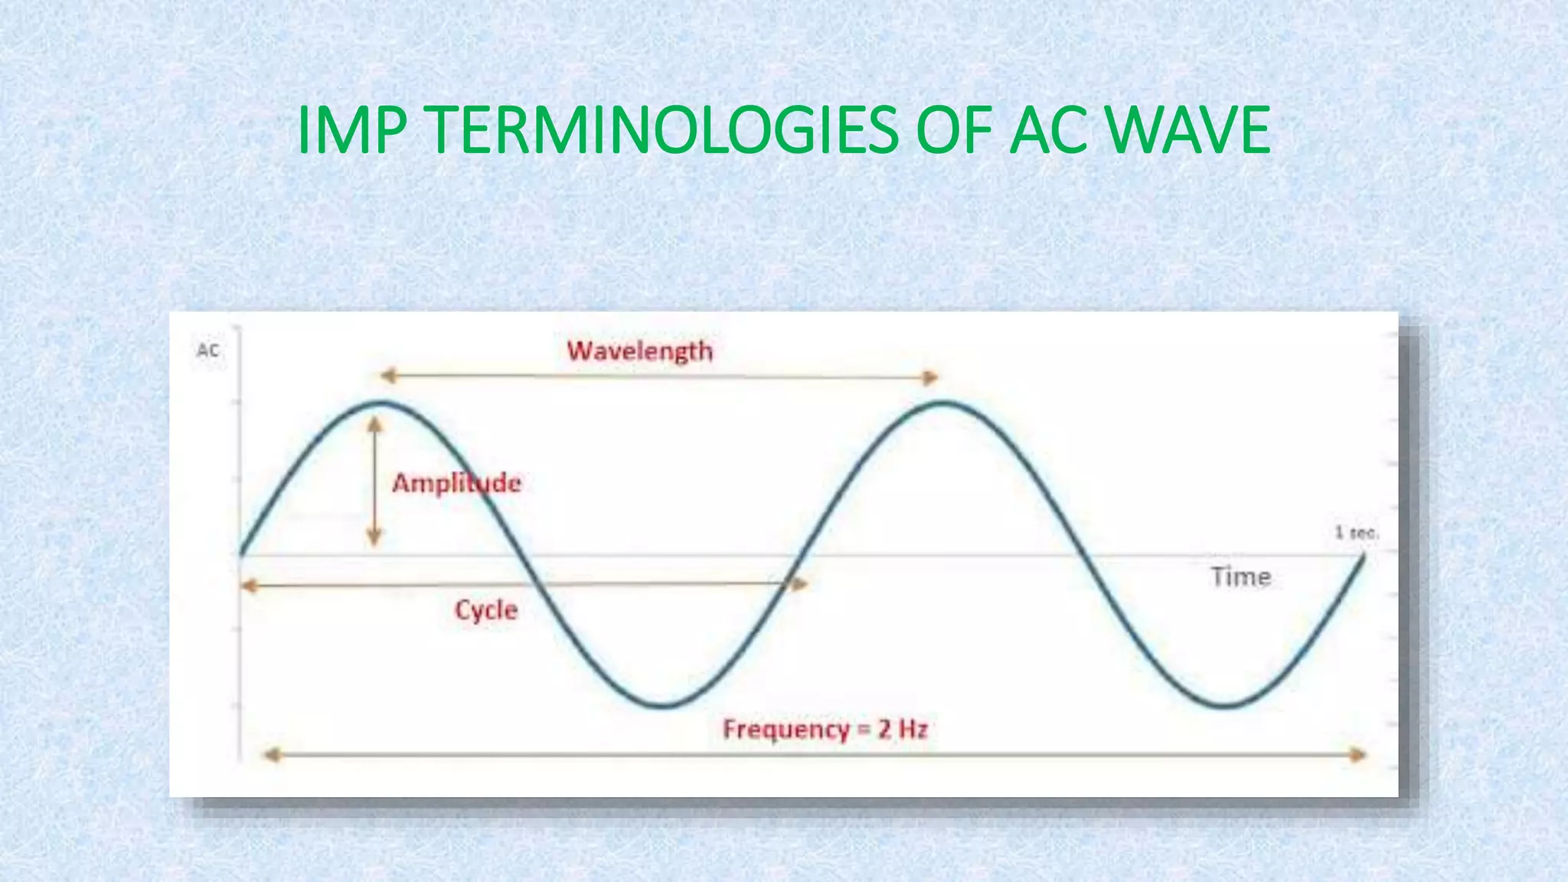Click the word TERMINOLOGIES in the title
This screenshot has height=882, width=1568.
pyautogui.click(x=663, y=130)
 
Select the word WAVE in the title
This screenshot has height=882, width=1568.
pyautogui.click(x=1188, y=130)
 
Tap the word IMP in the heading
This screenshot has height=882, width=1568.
pyautogui.click(x=351, y=130)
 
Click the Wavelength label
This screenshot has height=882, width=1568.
pyautogui.click(x=639, y=351)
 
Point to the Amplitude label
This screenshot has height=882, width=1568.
pyautogui.click(x=456, y=483)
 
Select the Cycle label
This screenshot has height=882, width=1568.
pyautogui.click(x=486, y=610)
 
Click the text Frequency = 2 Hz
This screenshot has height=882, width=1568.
pyautogui.click(x=825, y=729)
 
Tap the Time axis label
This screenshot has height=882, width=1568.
pyautogui.click(x=1240, y=577)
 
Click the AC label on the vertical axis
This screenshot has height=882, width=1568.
pyautogui.click(x=207, y=351)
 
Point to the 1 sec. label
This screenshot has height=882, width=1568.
pyautogui.click(x=1357, y=532)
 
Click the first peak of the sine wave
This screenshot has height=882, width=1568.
pyautogui.click(x=383, y=403)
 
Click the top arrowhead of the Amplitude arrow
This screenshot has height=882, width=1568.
pyautogui.click(x=374, y=423)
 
